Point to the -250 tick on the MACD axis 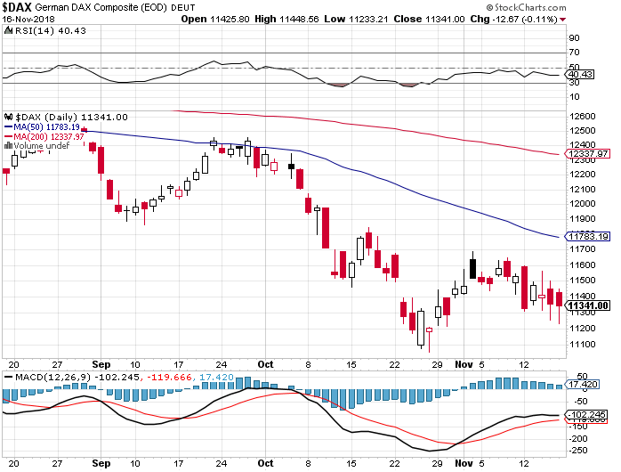click(577, 452)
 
